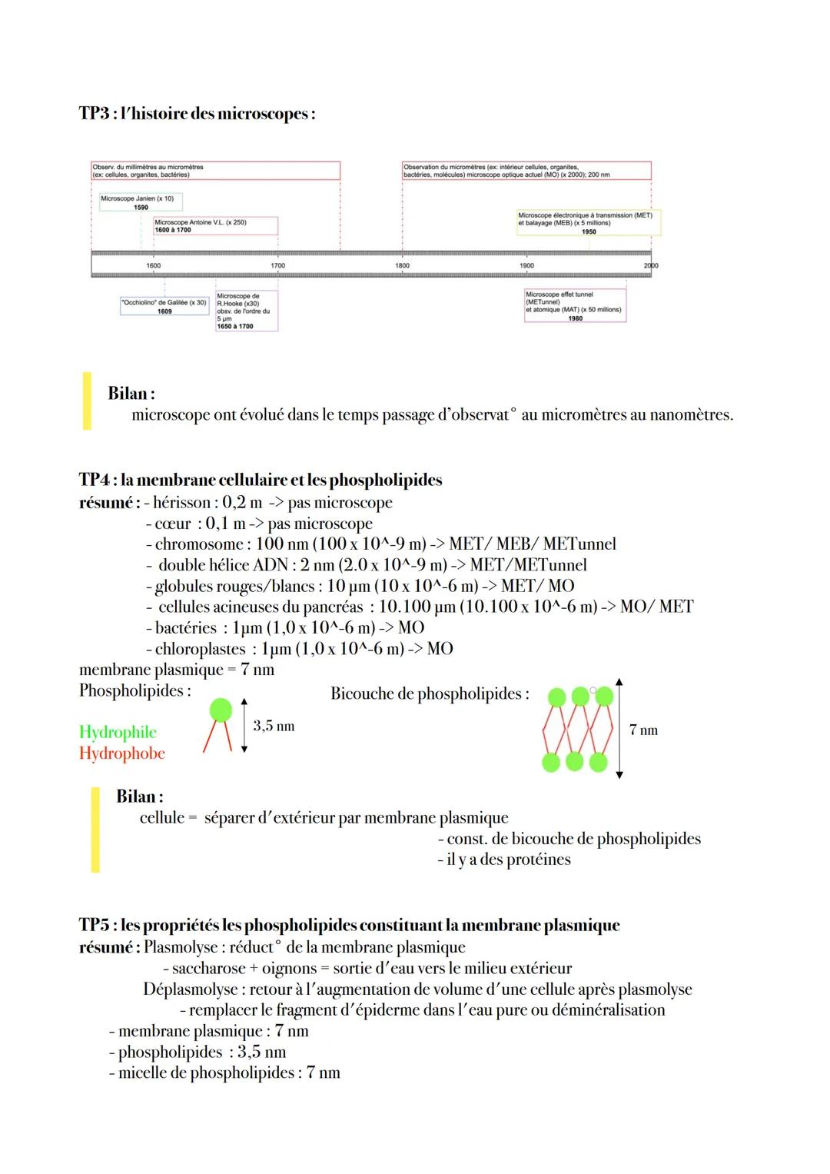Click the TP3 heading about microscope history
coord(197,114)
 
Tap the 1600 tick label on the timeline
coord(154,265)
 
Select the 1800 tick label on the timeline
coord(402,265)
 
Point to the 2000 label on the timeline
coord(651,265)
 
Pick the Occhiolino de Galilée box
coord(164,306)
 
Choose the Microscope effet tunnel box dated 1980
coord(575,306)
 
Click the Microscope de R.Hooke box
coord(246,311)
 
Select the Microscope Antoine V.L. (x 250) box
coord(215,226)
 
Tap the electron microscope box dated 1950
coord(588,223)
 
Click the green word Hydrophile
coord(118,732)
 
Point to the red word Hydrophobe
coord(122,753)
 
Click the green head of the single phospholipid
coord(221,709)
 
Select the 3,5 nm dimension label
coord(274,726)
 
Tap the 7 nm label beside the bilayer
coord(643,730)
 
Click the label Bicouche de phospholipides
coord(430,693)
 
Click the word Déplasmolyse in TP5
coord(190,989)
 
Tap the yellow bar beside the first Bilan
coord(87,401)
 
